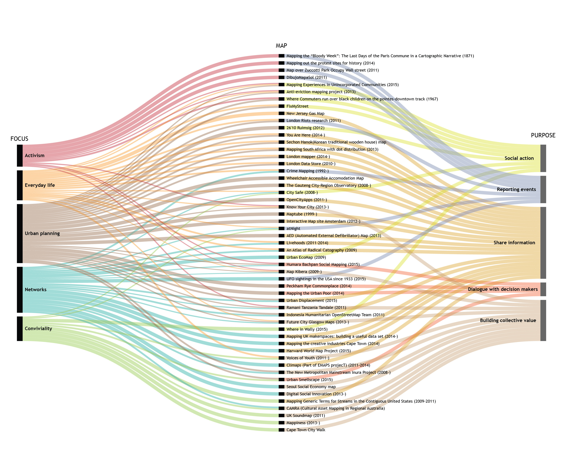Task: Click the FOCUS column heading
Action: pos(19,139)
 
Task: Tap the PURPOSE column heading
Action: pos(543,135)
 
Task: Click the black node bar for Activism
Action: pos(20,155)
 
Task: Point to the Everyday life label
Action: pos(40,185)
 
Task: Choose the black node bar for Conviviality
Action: pos(20,329)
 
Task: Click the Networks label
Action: pos(36,289)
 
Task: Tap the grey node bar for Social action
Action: pos(543,158)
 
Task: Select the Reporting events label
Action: pos(516,189)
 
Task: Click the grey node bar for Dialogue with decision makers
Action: pos(543,289)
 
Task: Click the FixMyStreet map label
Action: pos(297,106)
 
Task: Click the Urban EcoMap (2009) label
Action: pos(306,257)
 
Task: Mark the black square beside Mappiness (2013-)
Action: pos(281,423)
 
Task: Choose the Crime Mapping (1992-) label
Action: pos(307,171)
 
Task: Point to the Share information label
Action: pos(514,243)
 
